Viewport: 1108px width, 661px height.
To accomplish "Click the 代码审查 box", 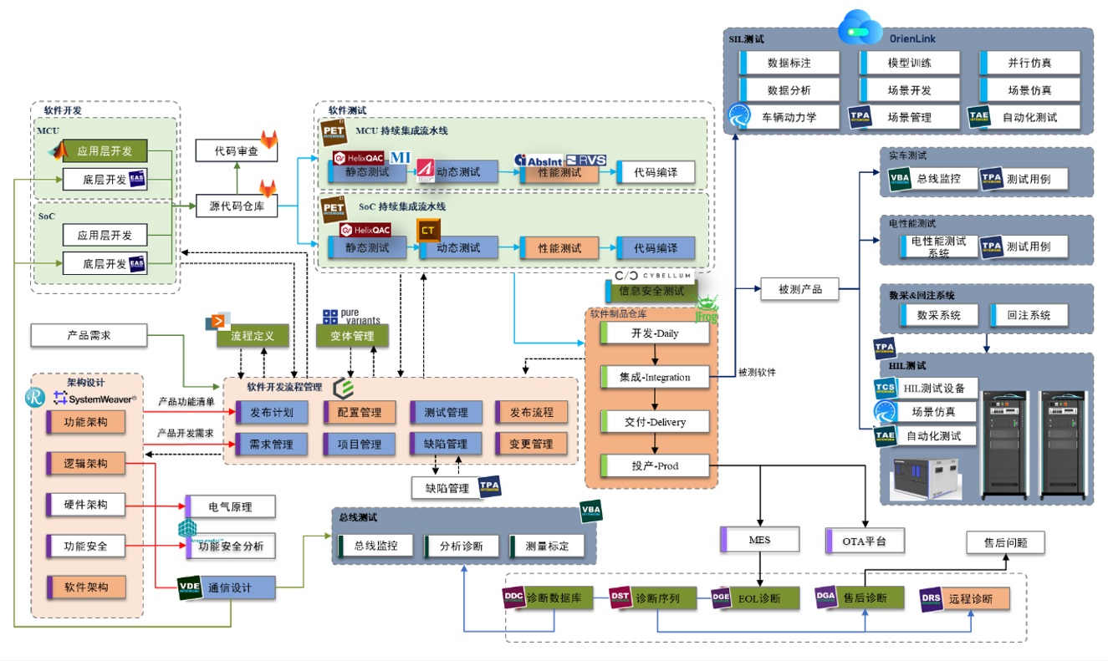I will [x=237, y=151].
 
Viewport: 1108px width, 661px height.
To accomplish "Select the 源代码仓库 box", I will [x=237, y=206].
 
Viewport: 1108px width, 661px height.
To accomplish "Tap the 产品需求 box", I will [x=89, y=335].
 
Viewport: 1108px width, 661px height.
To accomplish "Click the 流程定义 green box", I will [x=253, y=337].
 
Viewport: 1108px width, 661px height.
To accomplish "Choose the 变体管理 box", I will [x=352, y=337].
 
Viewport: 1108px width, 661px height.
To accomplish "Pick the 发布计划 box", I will [x=272, y=412].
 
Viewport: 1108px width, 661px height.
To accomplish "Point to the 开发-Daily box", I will [x=655, y=333].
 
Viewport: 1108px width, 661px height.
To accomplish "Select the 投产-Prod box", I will [x=655, y=465].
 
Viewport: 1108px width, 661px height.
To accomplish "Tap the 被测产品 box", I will [x=799, y=289].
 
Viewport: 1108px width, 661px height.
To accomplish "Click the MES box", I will [x=759, y=540].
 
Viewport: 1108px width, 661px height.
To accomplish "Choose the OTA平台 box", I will [x=865, y=540].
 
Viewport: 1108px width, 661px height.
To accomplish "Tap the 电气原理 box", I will [x=229, y=506].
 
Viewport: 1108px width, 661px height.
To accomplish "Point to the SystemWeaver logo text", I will [x=99, y=399].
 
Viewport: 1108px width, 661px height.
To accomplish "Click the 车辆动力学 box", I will [x=789, y=117].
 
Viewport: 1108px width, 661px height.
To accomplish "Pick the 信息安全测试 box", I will [x=651, y=292].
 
